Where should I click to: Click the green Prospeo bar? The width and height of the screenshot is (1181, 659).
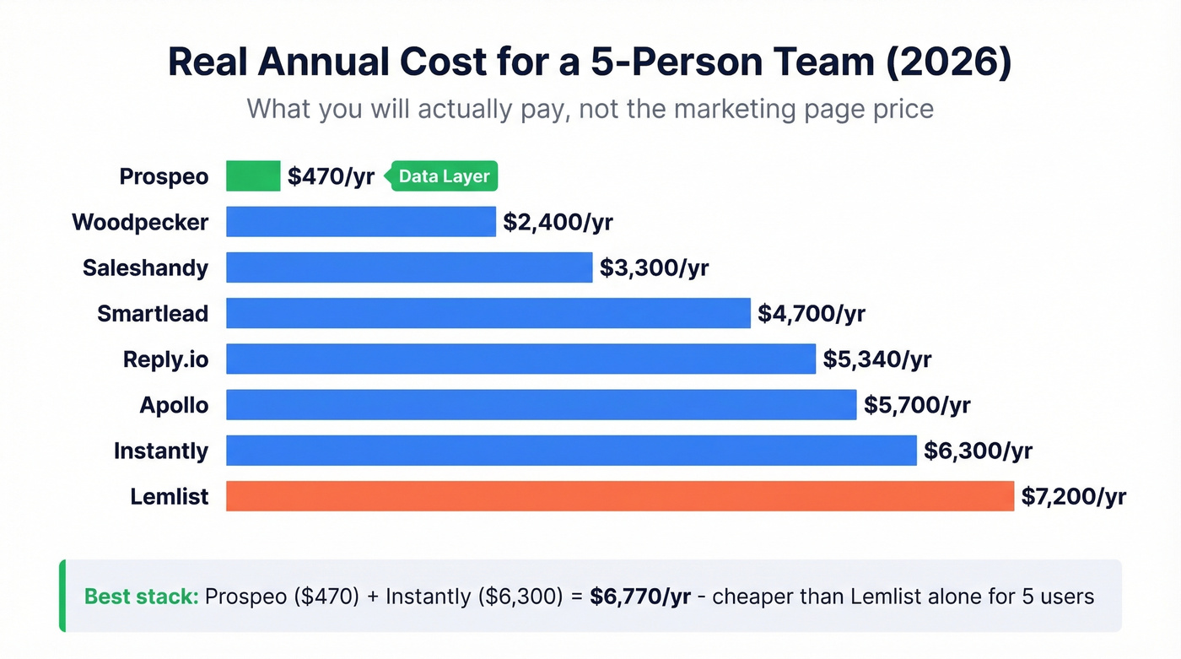(253, 176)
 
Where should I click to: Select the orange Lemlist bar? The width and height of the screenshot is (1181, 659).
(619, 496)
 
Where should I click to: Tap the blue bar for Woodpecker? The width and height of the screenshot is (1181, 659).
(360, 222)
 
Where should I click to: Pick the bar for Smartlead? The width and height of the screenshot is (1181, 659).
(488, 313)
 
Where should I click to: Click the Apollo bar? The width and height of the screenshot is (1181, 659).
(541, 405)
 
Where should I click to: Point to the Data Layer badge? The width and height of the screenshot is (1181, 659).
(443, 176)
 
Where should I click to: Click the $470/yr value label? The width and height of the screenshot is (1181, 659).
(331, 176)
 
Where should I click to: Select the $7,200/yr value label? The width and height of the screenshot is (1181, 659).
(1073, 496)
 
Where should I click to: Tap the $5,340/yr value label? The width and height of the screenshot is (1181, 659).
(877, 359)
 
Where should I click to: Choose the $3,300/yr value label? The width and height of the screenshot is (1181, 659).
(654, 268)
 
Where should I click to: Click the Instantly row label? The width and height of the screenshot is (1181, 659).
(161, 451)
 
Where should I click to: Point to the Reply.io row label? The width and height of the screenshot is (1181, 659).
(165, 359)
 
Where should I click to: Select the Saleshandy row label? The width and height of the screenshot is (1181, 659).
(145, 268)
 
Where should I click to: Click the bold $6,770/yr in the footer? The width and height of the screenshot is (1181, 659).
(640, 597)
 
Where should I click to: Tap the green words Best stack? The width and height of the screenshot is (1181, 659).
(141, 597)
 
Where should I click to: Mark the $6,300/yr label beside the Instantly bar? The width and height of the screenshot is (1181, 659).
(978, 451)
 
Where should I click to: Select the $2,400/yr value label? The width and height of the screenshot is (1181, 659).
(558, 222)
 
